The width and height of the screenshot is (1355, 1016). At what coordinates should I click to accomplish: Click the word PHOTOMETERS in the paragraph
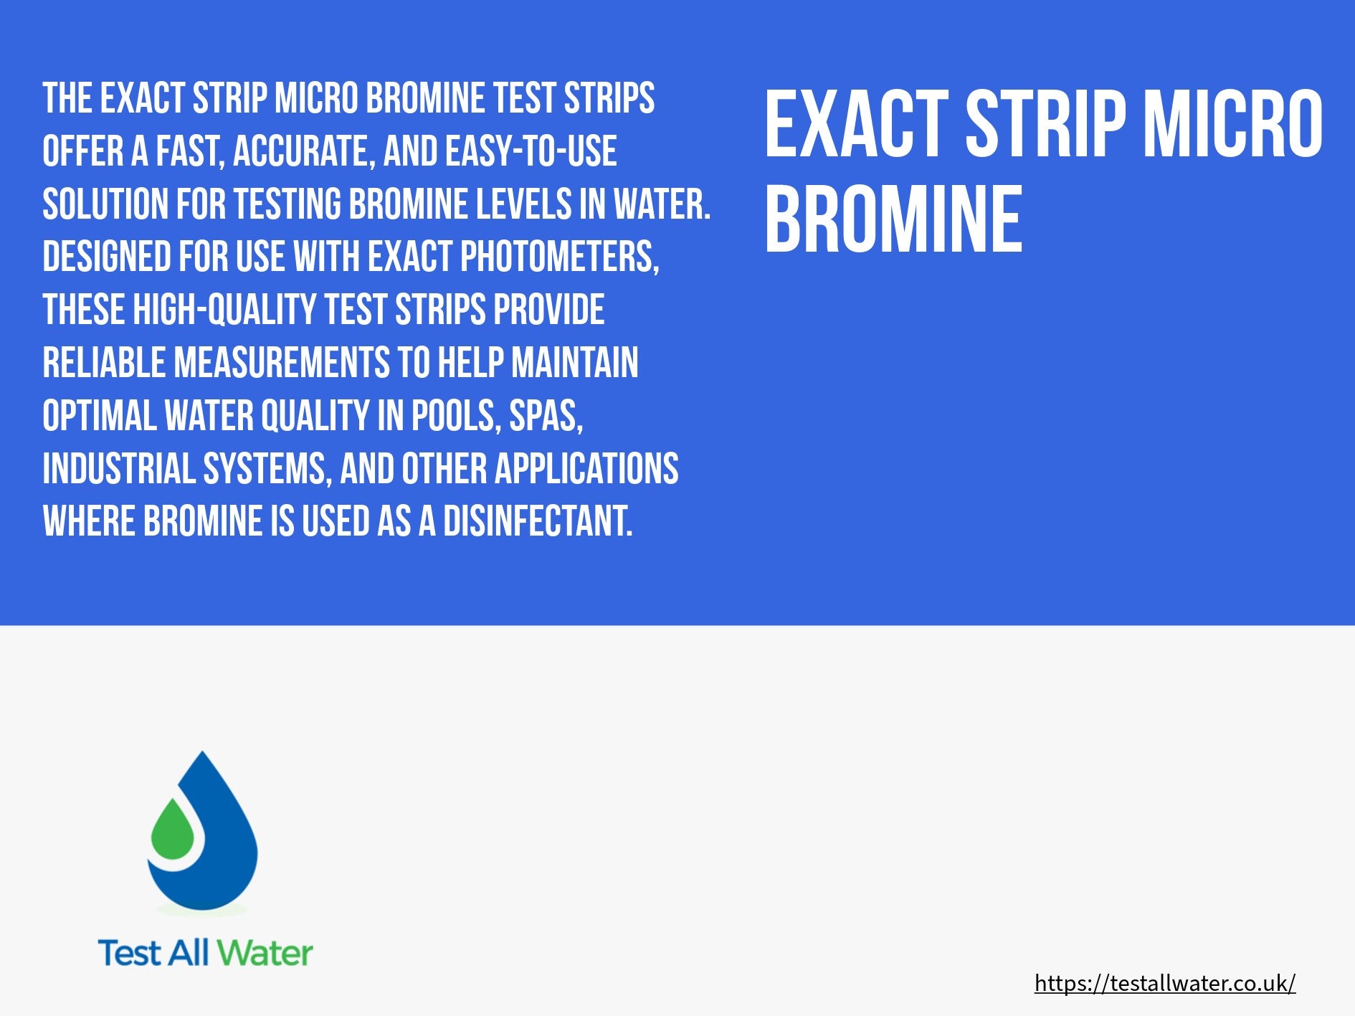tap(559, 257)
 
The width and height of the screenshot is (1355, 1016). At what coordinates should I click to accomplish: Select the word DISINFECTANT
tap(538, 521)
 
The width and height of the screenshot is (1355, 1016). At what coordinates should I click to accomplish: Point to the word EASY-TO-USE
tap(531, 151)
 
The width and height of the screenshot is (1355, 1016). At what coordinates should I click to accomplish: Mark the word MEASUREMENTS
tap(282, 362)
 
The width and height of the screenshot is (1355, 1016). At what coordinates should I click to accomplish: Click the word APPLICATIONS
tap(586, 468)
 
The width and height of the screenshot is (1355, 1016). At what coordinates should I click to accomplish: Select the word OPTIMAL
tap(100, 415)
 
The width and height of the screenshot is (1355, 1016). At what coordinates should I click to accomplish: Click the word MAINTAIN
tap(574, 362)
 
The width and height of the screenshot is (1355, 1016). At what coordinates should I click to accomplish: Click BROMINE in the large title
tap(893, 219)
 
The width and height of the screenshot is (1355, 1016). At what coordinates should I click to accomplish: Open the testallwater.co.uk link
tap(1165, 983)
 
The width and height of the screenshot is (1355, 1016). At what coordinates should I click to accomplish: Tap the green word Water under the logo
tap(265, 953)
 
